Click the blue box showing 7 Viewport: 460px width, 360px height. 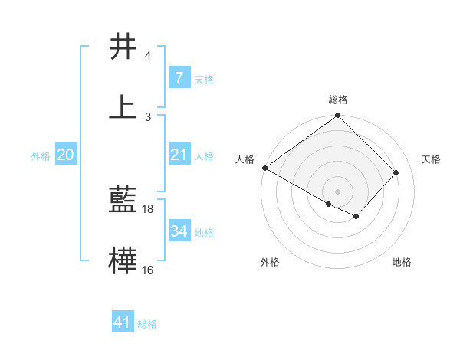pos(179,78)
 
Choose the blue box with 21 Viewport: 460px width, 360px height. pos(179,155)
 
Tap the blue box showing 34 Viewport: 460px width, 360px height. pos(179,231)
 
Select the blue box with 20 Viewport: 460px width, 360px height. pos(66,155)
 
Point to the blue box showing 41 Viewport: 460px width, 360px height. pos(123,322)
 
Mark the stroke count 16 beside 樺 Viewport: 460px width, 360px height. pos(149,270)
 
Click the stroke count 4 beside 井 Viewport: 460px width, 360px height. pos(148,56)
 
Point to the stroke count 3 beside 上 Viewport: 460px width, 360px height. pos(148,116)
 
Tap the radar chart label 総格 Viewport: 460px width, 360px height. pos(338,100)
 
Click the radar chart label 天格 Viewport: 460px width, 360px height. pos(431,159)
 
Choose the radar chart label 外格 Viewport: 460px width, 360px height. pos(270,262)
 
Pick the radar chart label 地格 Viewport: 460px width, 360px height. pos(402,262)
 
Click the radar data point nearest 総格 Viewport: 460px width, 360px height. pos(338,116)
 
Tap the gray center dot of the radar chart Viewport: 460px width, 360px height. pos(338,191)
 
